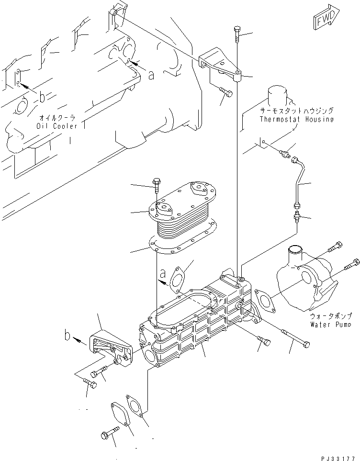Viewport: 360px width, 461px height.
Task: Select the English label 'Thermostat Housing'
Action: (296, 120)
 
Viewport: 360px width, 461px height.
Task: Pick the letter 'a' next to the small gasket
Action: (163, 274)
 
